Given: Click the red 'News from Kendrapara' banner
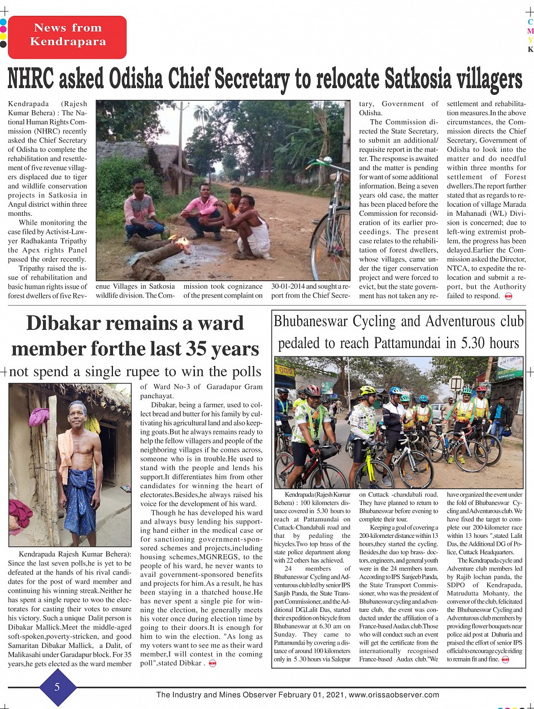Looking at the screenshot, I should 67,35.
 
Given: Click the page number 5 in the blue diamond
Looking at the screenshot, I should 57,687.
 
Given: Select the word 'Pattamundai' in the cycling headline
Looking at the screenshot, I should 415,343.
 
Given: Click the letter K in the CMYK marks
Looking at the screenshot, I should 530,49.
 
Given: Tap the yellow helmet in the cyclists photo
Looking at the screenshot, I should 367,390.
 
